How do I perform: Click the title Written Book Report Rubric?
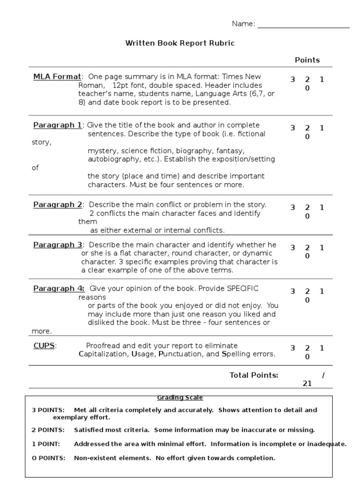click(180, 43)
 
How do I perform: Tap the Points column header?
click(307, 60)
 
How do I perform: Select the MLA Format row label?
click(57, 76)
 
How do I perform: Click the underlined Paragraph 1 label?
click(57, 125)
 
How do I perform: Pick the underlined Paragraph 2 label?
click(57, 204)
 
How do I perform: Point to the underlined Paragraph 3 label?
click(57, 245)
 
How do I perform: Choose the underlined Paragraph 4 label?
click(59, 288)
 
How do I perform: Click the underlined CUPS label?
click(44, 345)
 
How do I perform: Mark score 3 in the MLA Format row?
click(293, 80)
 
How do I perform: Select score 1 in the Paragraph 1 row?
click(322, 128)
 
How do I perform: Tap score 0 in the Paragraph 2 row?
click(307, 216)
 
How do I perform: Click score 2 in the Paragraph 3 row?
click(307, 247)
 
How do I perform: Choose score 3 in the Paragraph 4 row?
click(293, 292)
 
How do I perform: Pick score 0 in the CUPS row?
click(307, 357)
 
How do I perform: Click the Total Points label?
click(254, 375)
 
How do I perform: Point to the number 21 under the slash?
click(307, 383)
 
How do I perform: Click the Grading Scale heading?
click(180, 398)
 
